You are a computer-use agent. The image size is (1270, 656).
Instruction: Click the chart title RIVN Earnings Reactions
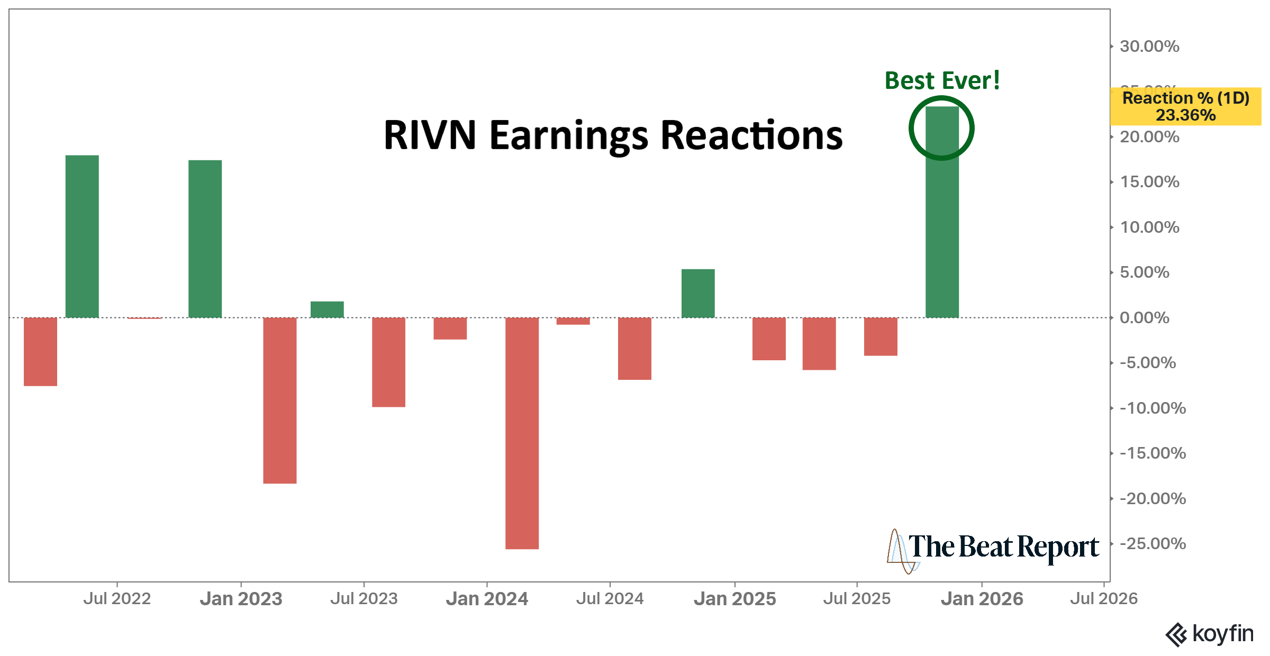(x=613, y=135)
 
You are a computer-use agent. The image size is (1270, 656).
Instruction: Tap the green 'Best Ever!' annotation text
(x=942, y=81)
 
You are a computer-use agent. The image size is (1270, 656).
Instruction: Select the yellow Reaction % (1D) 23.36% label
(x=1185, y=106)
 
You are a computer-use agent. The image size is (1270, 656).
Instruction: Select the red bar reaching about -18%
(x=280, y=400)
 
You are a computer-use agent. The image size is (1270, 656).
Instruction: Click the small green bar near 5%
(x=698, y=293)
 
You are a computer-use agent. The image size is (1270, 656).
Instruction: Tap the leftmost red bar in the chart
(x=40, y=351)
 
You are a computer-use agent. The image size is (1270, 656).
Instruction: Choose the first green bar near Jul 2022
(x=82, y=236)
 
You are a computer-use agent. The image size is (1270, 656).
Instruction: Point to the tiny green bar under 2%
(x=327, y=309)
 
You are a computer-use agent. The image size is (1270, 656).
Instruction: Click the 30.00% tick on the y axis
(x=1149, y=47)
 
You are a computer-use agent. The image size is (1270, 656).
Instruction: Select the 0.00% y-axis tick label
(x=1144, y=318)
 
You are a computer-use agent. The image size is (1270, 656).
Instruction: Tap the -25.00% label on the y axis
(x=1153, y=544)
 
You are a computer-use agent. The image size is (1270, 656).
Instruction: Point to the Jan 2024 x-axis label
(x=487, y=599)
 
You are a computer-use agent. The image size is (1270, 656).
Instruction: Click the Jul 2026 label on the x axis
(x=1103, y=599)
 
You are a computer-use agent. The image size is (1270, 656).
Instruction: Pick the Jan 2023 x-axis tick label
(x=241, y=599)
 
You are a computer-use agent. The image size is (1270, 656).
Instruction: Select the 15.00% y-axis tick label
(x=1149, y=182)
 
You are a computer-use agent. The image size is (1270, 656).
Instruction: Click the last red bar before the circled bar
(x=881, y=336)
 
